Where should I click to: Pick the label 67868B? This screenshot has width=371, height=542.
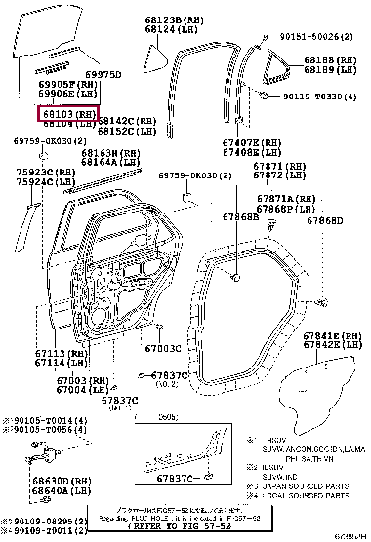[x=239, y=217]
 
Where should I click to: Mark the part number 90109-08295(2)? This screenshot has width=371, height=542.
[x=38, y=523]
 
